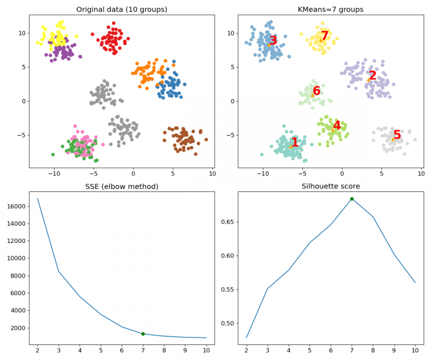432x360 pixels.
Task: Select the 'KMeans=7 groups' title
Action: click(x=330, y=9)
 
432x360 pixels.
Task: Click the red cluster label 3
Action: click(x=273, y=41)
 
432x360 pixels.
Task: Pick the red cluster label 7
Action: click(x=325, y=37)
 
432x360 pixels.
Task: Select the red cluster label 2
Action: click(x=373, y=76)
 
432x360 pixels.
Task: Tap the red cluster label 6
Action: click(x=316, y=91)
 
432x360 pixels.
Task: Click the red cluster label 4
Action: click(x=337, y=126)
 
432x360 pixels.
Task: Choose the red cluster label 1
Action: click(x=295, y=143)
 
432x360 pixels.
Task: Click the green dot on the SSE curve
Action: click(x=143, y=334)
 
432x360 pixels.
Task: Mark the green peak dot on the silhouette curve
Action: click(x=352, y=199)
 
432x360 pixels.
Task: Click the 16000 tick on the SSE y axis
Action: click(x=16, y=206)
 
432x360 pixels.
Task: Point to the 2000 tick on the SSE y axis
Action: click(x=19, y=328)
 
